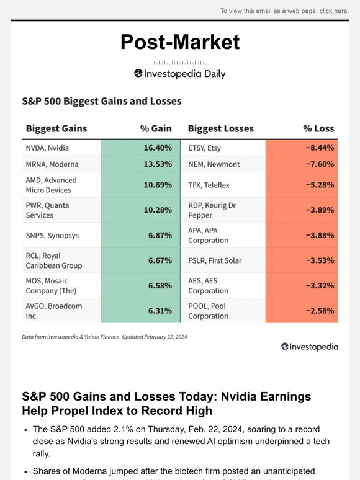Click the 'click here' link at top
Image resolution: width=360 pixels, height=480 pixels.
tap(333, 11)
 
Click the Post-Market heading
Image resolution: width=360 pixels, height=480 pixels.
tap(179, 42)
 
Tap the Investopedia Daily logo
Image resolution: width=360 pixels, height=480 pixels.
tap(179, 73)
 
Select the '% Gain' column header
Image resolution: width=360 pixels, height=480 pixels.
tap(155, 128)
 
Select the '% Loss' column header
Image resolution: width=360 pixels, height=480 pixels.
tap(318, 128)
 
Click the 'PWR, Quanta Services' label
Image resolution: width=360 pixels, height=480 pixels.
tap(47, 210)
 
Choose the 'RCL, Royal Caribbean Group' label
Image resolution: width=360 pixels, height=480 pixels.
tap(53, 260)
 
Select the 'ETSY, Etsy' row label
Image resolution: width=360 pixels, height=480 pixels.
tap(204, 148)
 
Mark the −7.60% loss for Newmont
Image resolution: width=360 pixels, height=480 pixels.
tap(318, 164)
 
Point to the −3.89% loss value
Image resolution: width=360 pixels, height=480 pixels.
tap(318, 210)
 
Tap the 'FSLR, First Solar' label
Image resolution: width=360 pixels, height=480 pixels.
tap(215, 260)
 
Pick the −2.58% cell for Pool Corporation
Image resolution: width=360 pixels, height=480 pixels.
tap(318, 311)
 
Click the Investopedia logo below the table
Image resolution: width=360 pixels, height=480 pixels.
tap(309, 347)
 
